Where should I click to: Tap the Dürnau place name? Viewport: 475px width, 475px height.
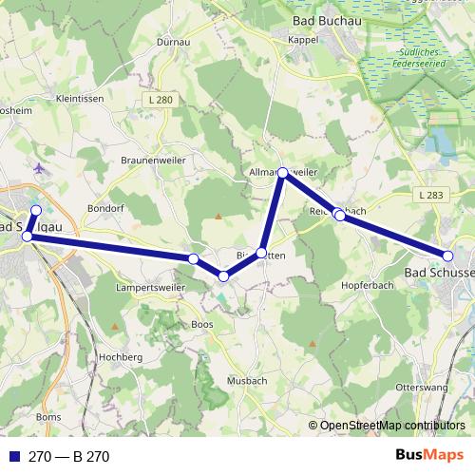point(174,43)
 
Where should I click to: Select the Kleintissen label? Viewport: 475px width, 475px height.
point(82,98)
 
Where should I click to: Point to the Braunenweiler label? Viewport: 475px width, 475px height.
point(152,161)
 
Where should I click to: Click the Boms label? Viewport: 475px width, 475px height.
point(47,417)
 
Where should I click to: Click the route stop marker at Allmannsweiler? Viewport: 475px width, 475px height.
point(282,172)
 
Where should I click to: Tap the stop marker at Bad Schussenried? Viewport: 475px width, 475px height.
point(447,255)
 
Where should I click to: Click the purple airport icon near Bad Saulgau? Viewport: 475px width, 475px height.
point(38,169)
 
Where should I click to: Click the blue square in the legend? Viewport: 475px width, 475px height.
point(13,457)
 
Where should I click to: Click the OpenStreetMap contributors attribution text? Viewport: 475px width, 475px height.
point(392,426)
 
